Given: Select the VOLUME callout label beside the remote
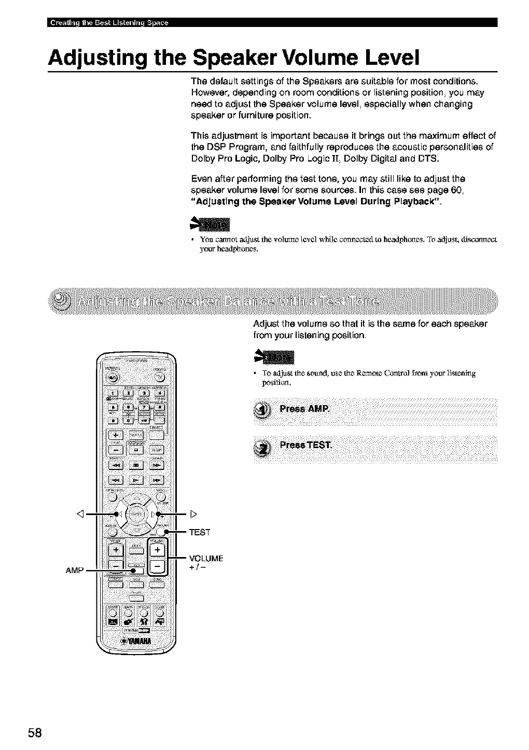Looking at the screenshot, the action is click(x=206, y=559).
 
